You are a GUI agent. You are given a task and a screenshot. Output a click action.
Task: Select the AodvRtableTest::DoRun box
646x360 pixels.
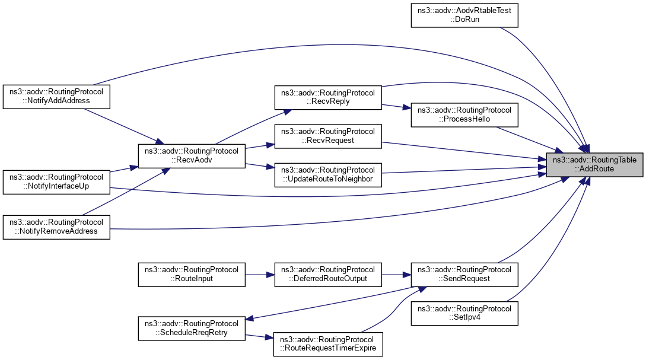pos(465,14)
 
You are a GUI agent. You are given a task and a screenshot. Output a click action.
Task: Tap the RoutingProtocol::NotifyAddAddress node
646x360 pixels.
pos(56,97)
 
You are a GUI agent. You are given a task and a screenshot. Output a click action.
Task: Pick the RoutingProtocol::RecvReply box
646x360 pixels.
pos(327,97)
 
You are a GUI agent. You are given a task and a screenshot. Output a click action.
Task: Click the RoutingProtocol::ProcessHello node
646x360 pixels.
pos(465,115)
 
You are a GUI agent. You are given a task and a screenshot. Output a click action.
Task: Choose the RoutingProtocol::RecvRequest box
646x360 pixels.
pos(327,136)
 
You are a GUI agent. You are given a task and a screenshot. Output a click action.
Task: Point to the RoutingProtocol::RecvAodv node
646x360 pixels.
pos(191,155)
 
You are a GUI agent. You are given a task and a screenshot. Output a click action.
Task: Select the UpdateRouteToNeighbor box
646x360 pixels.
pos(327,174)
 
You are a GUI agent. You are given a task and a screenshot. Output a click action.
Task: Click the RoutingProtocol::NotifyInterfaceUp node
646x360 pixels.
pos(56,182)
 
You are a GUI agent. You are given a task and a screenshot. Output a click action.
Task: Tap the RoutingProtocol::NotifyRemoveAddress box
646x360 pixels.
pos(56,227)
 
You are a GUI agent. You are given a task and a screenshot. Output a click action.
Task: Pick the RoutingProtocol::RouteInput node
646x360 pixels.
pos(191,275)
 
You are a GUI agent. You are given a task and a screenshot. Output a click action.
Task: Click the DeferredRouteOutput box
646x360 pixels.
pos(327,275)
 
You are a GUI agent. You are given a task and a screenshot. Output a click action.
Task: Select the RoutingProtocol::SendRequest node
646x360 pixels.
pos(465,275)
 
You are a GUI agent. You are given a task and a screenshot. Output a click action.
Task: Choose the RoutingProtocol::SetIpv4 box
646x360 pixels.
pos(465,313)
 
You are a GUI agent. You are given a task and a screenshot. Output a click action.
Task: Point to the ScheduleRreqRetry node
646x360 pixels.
pos(191,328)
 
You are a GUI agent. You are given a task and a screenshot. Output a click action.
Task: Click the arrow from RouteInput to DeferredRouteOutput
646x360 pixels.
pos(259,275)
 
